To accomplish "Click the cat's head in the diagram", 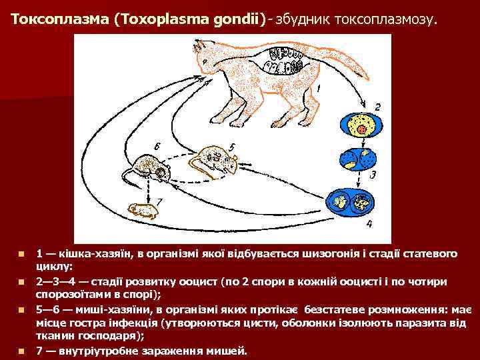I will click(x=207, y=53).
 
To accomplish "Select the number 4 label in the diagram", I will click(x=369, y=223).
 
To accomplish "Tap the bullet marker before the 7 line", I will click(x=22, y=351).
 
